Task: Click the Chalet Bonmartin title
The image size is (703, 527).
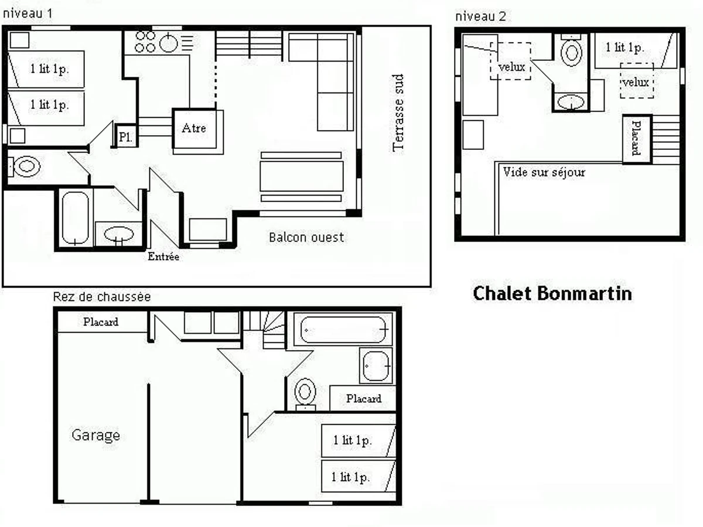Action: (x=552, y=293)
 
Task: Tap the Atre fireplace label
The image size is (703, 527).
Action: (x=194, y=128)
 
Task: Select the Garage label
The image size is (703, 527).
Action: (x=95, y=435)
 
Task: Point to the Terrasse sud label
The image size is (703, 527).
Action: (x=398, y=112)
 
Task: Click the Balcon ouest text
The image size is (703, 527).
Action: (x=306, y=237)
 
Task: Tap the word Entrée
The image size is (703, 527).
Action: (x=163, y=256)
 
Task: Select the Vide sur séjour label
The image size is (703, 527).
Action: (x=544, y=173)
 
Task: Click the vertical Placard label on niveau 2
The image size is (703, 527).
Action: (x=636, y=138)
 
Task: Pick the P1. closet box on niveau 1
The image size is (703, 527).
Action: (x=125, y=136)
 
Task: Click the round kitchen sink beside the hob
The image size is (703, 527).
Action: (x=169, y=43)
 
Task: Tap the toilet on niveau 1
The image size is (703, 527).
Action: (x=25, y=166)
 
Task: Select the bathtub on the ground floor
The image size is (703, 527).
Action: (x=344, y=330)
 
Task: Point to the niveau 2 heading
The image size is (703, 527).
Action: (x=480, y=16)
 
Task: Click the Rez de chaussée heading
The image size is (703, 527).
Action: (x=102, y=297)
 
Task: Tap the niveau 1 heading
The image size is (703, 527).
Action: (x=27, y=13)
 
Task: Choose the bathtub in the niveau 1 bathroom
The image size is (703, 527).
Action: (x=75, y=218)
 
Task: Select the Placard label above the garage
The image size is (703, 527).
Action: (x=101, y=322)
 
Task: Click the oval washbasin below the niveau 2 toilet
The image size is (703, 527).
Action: (x=571, y=102)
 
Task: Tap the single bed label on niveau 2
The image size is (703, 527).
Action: (x=624, y=48)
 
